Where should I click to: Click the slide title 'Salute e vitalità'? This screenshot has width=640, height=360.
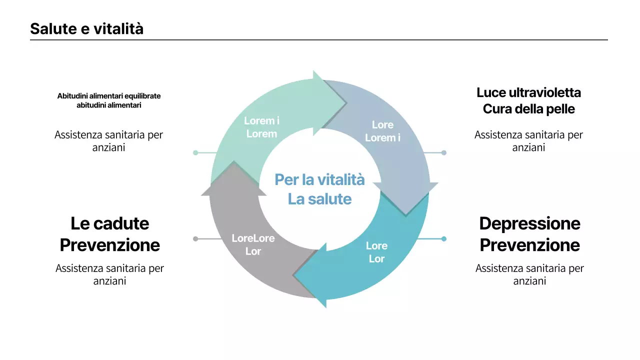click(x=86, y=29)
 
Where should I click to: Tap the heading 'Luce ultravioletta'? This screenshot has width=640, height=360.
click(x=529, y=92)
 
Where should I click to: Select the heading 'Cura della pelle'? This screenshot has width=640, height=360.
click(x=529, y=108)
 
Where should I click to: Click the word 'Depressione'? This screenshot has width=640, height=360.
click(x=529, y=223)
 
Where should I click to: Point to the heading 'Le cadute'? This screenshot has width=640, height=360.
click(x=110, y=223)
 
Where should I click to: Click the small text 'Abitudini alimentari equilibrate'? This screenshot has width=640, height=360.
click(x=109, y=96)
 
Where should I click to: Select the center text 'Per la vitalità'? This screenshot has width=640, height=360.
click(x=319, y=179)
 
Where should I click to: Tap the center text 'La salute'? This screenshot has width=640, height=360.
click(x=319, y=199)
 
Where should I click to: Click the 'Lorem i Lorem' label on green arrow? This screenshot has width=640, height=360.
click(x=261, y=127)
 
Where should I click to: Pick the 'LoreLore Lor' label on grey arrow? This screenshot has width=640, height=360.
click(x=253, y=245)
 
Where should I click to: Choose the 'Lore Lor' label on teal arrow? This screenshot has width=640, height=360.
click(x=376, y=252)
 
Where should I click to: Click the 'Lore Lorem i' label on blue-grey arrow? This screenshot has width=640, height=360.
click(x=382, y=131)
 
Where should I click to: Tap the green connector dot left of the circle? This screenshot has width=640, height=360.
click(x=195, y=152)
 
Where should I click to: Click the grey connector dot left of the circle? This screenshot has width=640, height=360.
click(x=195, y=239)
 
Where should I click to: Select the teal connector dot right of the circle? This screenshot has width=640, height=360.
click(x=443, y=239)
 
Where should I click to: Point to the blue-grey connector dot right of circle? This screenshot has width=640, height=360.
click(x=443, y=152)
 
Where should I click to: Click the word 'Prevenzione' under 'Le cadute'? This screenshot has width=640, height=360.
click(x=110, y=245)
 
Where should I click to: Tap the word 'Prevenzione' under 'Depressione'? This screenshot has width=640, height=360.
click(x=529, y=245)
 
